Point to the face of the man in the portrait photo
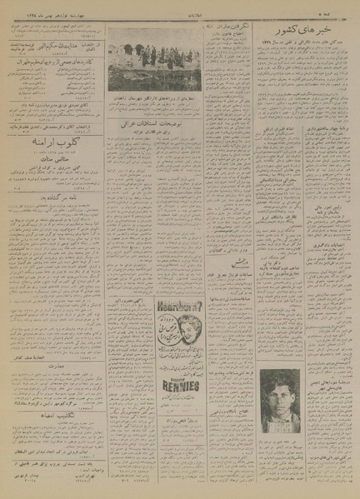pos(280,392)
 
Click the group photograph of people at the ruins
pos(155,62)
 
